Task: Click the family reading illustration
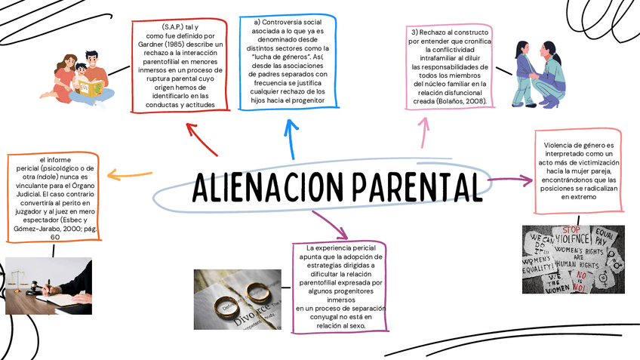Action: point(80,76)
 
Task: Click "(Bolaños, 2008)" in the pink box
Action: point(460,100)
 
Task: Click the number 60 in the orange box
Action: point(55,237)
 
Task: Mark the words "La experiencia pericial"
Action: point(339,248)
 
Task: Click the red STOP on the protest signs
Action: point(571,229)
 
